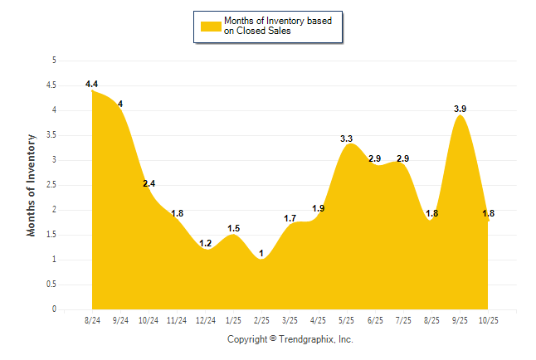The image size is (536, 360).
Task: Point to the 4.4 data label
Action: click(92, 84)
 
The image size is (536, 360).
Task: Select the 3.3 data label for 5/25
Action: click(347, 139)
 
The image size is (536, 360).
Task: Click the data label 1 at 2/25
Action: click(261, 253)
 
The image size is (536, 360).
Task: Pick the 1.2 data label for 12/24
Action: click(205, 243)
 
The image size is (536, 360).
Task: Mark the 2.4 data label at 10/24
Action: click(149, 183)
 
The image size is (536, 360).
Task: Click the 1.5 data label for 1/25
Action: click(233, 228)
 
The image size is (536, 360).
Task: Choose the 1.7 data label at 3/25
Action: click(290, 218)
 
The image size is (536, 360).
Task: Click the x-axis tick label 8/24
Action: click(92, 319)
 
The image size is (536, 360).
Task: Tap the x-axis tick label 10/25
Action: click(488, 319)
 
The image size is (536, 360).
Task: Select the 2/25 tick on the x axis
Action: click(261, 319)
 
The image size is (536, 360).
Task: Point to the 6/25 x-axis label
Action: click(375, 319)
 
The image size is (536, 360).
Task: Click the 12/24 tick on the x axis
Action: click(205, 319)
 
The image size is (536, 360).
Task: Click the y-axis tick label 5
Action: click(54, 61)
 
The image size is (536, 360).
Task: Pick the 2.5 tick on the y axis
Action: click(51, 185)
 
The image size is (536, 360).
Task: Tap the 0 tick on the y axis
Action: click(54, 309)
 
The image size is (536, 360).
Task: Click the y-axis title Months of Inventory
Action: click(32, 185)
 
